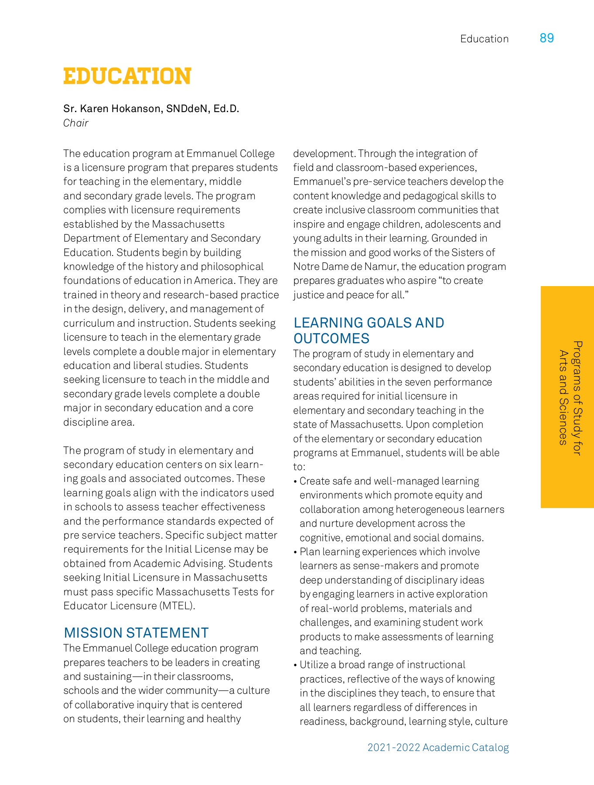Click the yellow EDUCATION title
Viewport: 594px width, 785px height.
click(127, 76)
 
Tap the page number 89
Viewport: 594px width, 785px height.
click(546, 38)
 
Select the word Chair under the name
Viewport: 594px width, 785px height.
click(76, 123)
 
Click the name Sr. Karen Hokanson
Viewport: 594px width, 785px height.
click(113, 109)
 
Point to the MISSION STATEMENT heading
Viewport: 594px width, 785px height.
click(136, 633)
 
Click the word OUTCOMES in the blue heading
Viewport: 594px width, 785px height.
click(331, 339)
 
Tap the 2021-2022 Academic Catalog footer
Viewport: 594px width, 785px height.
click(438, 747)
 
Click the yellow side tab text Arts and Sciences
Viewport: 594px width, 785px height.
click(563, 397)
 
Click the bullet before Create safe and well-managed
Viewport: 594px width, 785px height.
click(295, 481)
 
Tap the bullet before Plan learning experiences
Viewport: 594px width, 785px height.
click(295, 552)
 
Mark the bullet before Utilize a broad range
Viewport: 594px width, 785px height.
click(295, 665)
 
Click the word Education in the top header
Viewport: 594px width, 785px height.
click(484, 39)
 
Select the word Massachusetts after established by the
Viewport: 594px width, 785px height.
click(188, 224)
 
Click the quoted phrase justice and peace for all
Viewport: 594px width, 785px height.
click(350, 295)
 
